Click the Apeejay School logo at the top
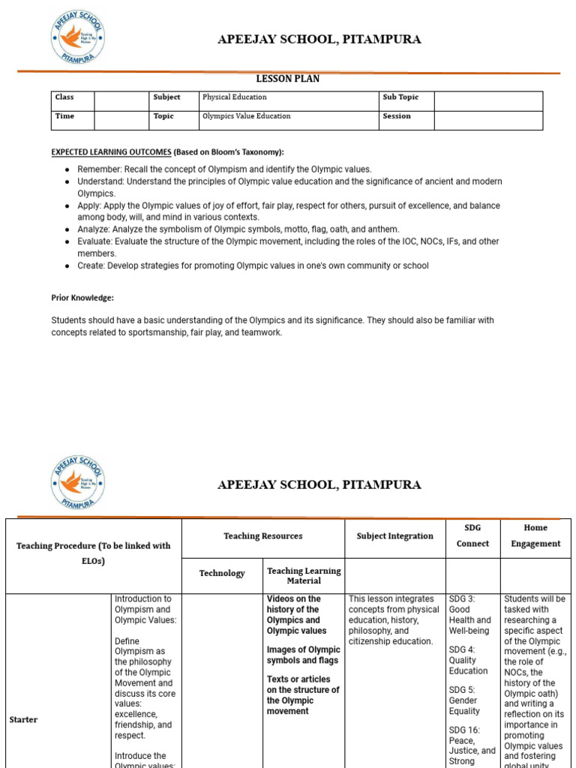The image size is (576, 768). (78, 37)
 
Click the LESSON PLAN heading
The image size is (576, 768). (288, 79)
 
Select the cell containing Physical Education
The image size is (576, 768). (234, 97)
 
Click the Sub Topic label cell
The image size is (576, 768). (400, 97)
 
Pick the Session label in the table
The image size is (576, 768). (397, 116)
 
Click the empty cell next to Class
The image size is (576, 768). (121, 100)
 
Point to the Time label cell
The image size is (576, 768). (64, 116)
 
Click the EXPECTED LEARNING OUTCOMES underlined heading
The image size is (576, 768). (111, 152)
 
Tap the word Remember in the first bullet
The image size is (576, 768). (98, 169)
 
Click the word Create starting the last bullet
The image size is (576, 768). (91, 265)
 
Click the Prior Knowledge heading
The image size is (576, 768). (82, 298)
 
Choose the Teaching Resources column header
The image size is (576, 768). (262, 536)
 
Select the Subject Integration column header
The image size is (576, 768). (395, 536)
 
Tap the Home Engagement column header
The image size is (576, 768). (535, 535)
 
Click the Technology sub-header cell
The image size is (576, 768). (222, 574)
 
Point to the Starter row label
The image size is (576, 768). (23, 720)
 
